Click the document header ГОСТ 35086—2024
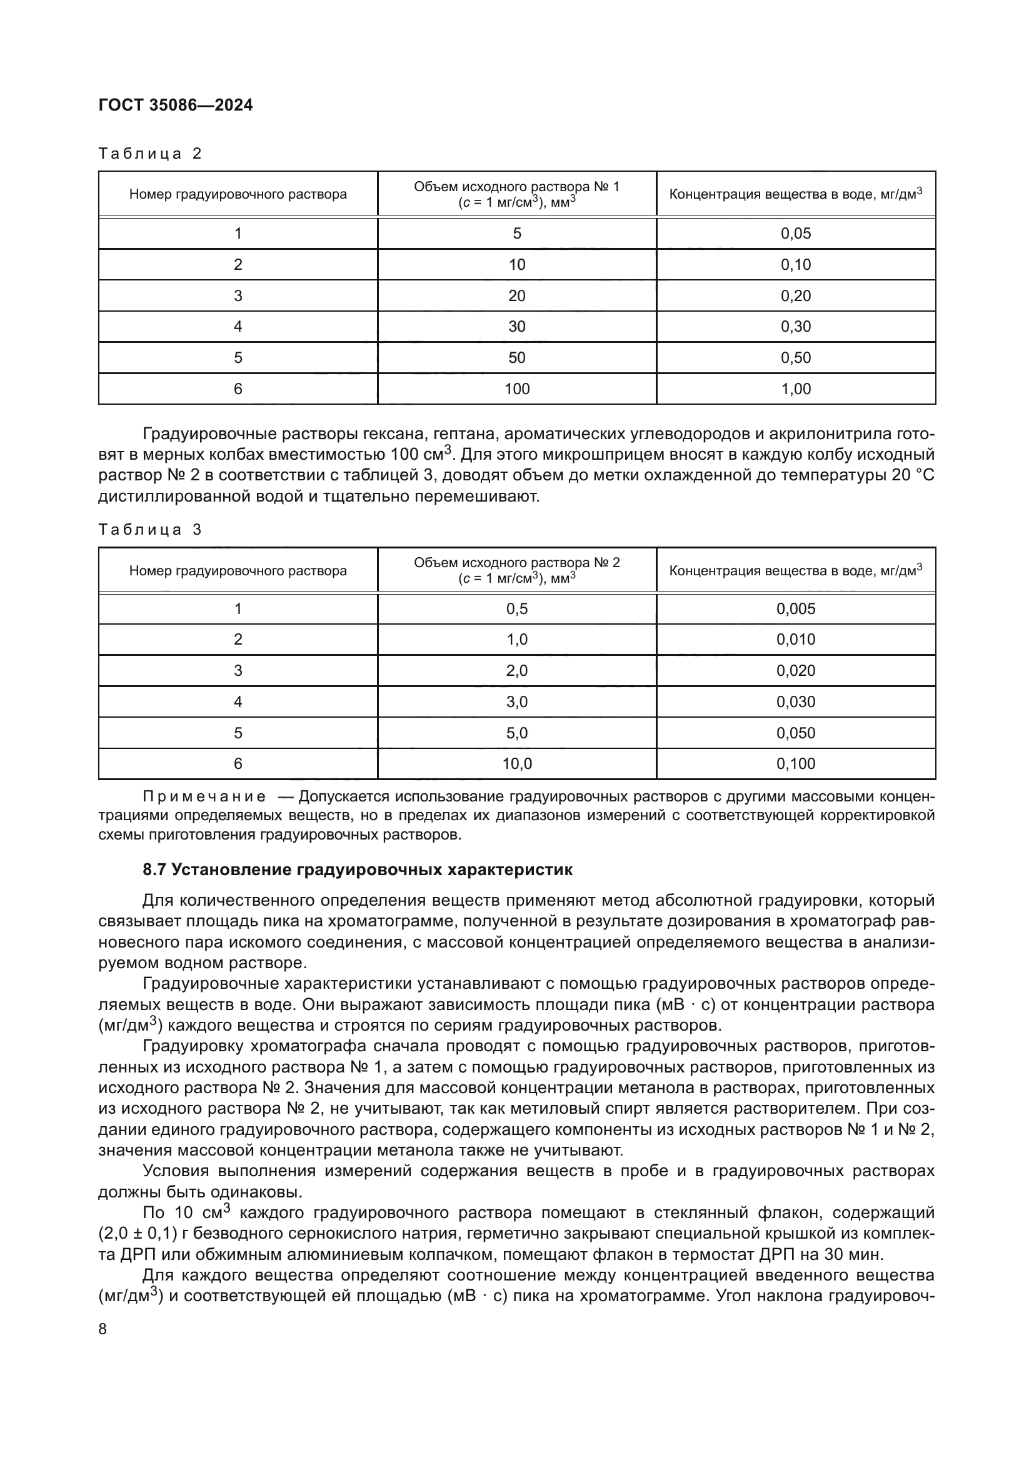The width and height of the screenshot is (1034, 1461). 176,105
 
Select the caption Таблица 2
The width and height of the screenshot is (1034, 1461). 150,154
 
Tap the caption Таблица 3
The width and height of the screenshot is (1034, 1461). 150,530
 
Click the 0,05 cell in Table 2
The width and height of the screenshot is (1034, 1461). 796,234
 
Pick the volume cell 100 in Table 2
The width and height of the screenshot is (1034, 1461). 517,389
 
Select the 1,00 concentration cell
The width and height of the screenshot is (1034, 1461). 796,389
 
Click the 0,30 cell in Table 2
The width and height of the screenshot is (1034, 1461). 796,327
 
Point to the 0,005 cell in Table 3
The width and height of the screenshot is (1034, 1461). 796,609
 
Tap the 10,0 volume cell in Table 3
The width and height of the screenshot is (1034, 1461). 517,764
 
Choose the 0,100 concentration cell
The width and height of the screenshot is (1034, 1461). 796,764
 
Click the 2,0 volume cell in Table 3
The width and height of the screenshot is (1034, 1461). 517,671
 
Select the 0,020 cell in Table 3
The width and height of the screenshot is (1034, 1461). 796,671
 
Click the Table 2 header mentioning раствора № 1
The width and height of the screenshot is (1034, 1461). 517,194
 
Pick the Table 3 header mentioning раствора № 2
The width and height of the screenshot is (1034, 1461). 517,570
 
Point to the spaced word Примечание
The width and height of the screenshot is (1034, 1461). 204,796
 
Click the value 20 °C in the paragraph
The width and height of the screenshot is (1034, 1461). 910,475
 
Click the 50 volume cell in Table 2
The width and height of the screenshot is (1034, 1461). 517,358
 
